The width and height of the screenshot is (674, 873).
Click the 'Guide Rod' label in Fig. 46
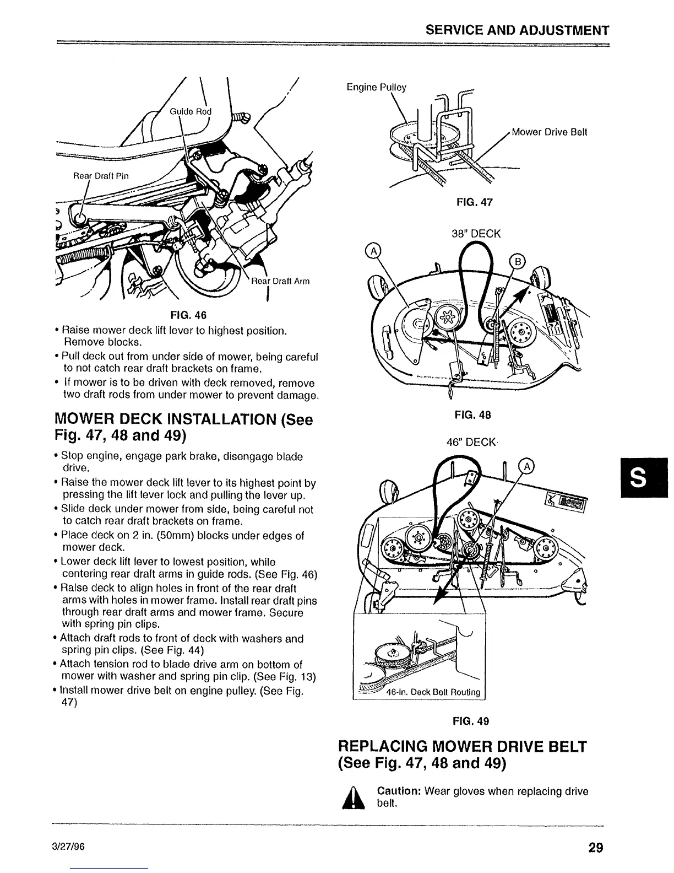pos(190,111)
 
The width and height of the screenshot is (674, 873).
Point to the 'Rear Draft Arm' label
pos(280,281)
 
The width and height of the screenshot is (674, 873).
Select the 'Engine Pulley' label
pos(376,87)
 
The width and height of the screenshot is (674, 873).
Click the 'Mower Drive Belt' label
pos(549,132)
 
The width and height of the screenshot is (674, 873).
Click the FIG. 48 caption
pos(472,414)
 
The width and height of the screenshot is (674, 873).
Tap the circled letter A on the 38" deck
pos(373,252)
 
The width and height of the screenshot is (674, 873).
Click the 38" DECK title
pos(475,234)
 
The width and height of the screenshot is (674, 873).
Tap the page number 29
pos(595,847)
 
